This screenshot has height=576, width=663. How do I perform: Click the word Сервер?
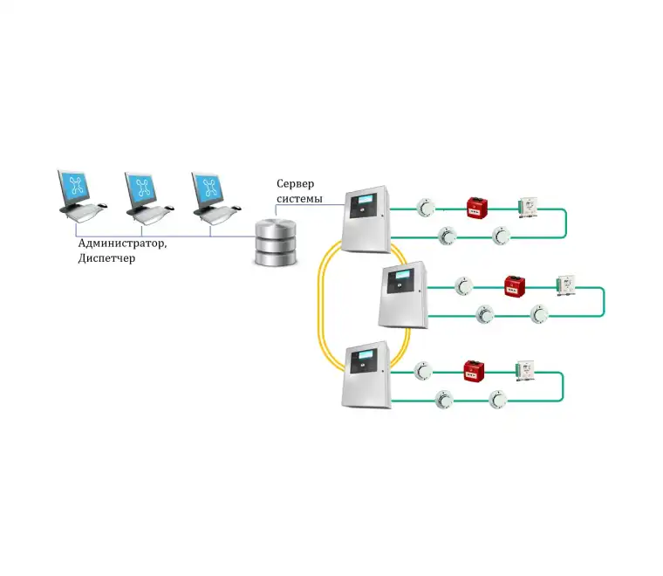[296, 183]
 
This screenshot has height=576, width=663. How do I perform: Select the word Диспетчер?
[106, 259]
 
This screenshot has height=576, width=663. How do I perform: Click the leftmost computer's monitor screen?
[77, 187]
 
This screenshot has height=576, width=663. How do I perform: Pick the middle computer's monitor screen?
[143, 187]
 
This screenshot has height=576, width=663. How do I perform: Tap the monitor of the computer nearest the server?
[209, 187]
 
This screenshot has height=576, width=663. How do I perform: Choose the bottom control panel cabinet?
[366, 374]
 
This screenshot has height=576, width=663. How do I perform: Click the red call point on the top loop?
[477, 208]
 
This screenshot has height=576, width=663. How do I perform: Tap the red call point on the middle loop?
[514, 285]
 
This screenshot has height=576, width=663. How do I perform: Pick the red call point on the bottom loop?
[474, 370]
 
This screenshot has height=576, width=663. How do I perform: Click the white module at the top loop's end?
[529, 207]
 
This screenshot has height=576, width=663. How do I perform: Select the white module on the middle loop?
[566, 285]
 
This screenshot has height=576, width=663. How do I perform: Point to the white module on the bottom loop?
[525, 370]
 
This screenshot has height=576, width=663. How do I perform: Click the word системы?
[299, 200]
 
